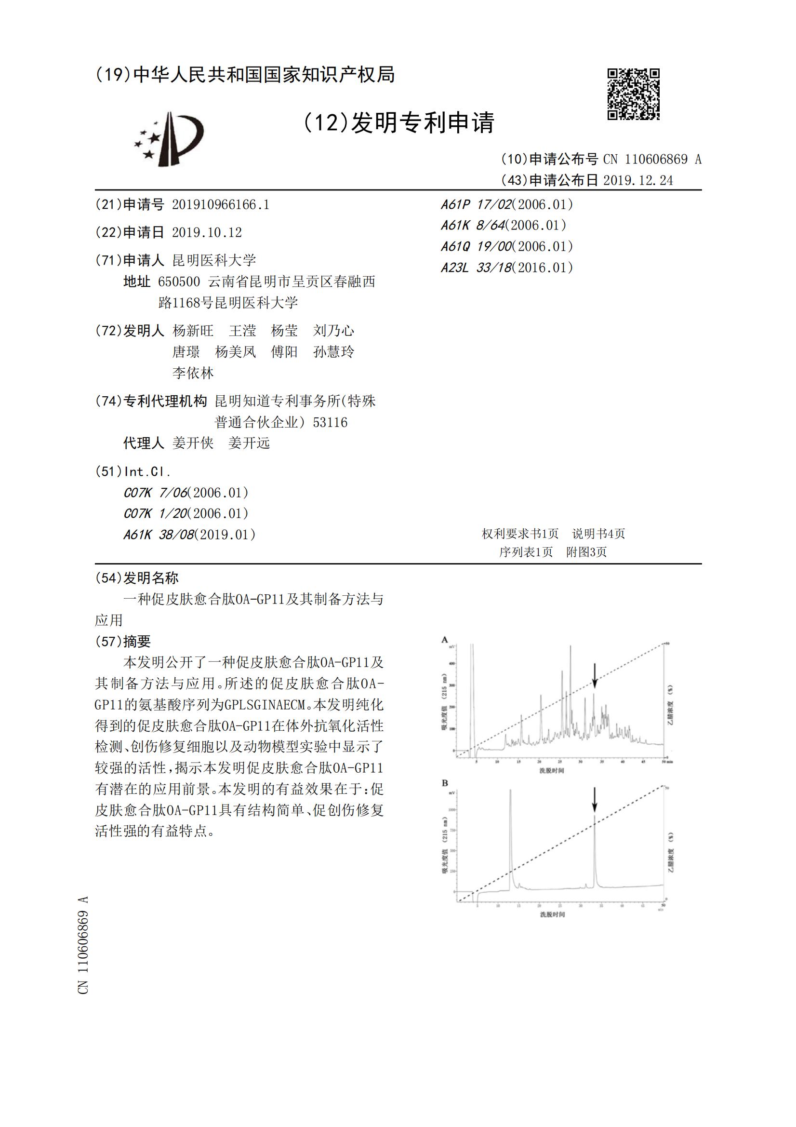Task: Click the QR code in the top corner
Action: (x=633, y=94)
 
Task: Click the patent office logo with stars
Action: (x=169, y=139)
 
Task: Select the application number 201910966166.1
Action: (x=220, y=205)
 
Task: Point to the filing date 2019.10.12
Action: (x=207, y=232)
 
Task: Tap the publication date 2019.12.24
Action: (x=638, y=180)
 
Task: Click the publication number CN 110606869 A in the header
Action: (x=652, y=159)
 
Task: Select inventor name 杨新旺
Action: (x=193, y=331)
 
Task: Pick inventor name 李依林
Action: (x=193, y=373)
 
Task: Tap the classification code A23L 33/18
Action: (x=507, y=268)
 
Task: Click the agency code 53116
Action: (x=330, y=422)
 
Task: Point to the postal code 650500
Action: (x=179, y=281)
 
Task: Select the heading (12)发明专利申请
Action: (x=398, y=123)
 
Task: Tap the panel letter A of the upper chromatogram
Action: (x=445, y=640)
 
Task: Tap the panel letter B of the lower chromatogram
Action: (x=445, y=783)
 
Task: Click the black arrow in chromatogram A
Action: (x=594, y=676)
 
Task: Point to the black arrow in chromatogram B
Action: (x=594, y=800)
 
